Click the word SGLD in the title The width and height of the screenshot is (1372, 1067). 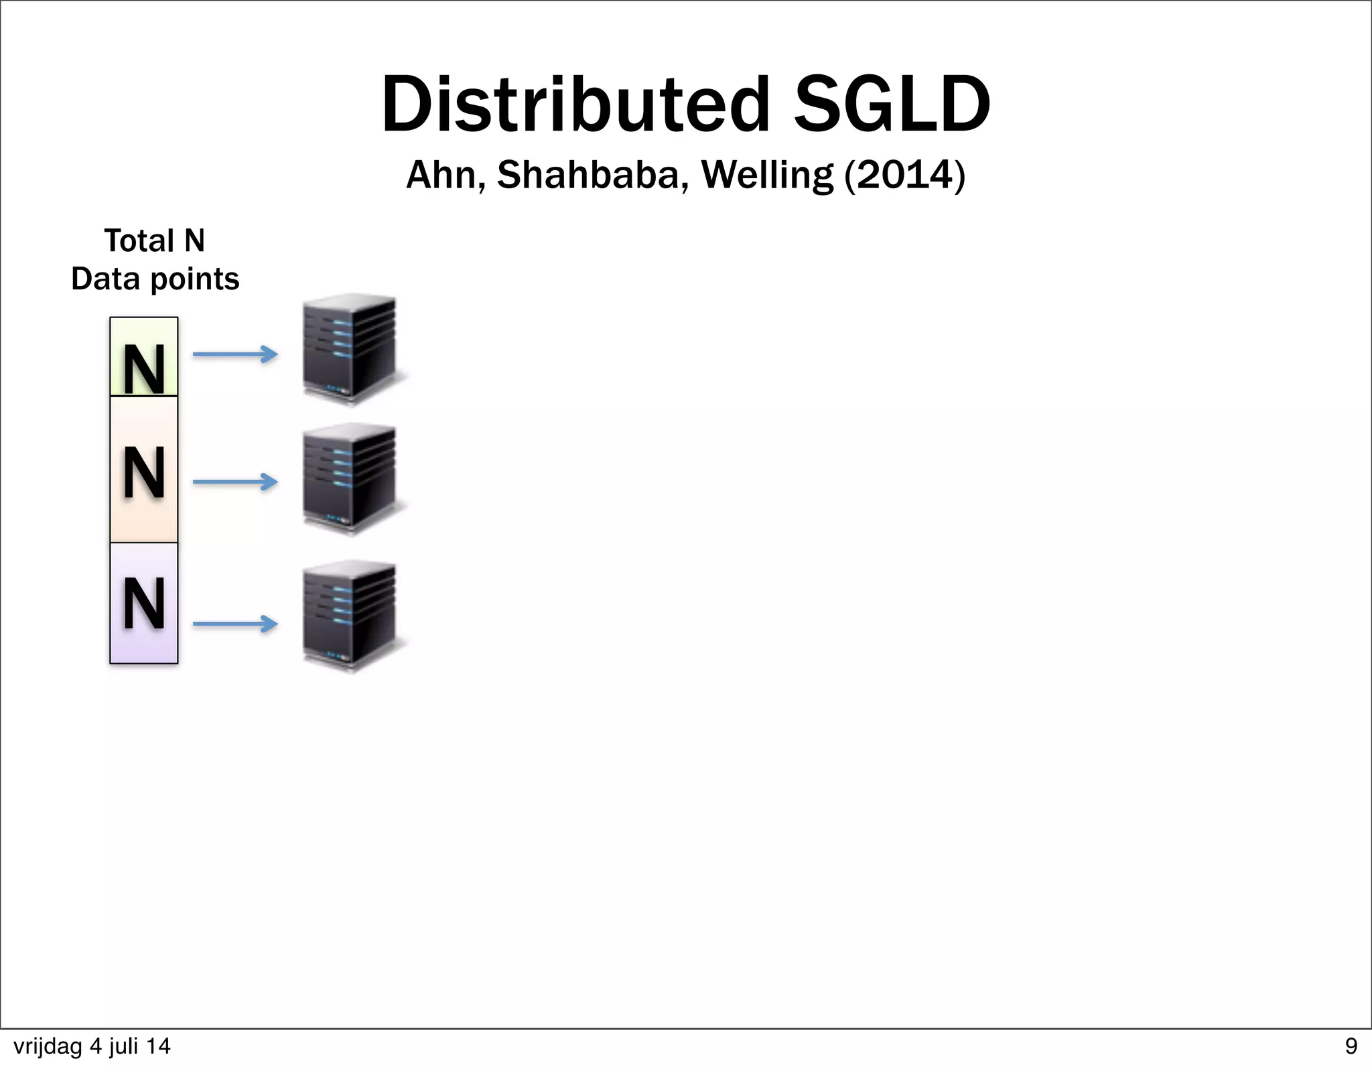pos(891,105)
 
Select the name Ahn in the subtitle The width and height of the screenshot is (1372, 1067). pos(445,175)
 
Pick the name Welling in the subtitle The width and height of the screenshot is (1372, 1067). pos(767,175)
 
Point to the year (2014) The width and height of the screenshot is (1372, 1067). pos(905,175)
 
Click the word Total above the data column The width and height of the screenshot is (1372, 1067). pos(139,240)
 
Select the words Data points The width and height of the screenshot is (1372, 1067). pos(155,279)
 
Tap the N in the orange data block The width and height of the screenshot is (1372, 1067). pos(144,473)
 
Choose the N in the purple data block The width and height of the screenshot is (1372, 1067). pos(144,603)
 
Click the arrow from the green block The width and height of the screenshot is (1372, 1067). pos(235,354)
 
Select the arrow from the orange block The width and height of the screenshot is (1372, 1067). pos(235,482)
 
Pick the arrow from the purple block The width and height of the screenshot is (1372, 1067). pos(235,624)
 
